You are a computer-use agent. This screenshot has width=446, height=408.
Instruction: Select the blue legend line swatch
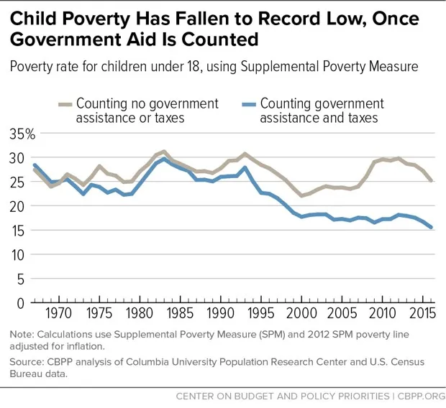[x=248, y=105]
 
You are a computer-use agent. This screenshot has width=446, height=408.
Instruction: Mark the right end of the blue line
[x=432, y=227]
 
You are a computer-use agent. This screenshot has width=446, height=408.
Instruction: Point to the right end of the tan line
[x=432, y=180]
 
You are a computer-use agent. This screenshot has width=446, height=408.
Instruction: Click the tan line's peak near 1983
[x=165, y=152]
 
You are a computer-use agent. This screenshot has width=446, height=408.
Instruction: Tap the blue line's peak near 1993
[x=246, y=167]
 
